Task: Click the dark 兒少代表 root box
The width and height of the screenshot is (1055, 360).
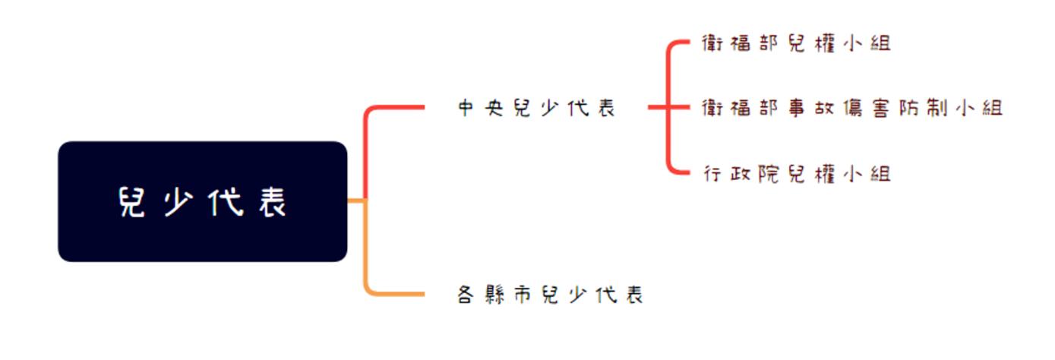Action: (x=202, y=201)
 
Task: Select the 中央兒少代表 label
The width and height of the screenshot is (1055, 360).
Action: (x=536, y=109)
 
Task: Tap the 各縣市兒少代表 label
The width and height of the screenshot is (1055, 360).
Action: (x=550, y=295)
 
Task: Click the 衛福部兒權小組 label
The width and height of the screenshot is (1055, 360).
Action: (x=795, y=43)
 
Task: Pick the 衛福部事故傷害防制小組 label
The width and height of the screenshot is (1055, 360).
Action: (x=851, y=109)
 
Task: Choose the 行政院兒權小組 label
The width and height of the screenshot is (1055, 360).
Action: (x=795, y=174)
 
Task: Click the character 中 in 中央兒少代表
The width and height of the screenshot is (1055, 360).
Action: (x=466, y=109)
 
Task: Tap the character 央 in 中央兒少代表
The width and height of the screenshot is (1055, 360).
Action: (x=494, y=109)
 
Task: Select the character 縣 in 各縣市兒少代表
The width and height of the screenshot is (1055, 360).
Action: (x=494, y=295)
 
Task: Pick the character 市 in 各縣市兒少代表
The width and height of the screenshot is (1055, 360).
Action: (x=523, y=295)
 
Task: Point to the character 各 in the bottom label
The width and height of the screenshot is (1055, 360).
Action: (x=466, y=295)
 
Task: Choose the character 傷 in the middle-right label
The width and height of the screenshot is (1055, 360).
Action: (x=851, y=109)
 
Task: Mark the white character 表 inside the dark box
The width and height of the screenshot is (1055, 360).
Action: (x=271, y=202)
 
